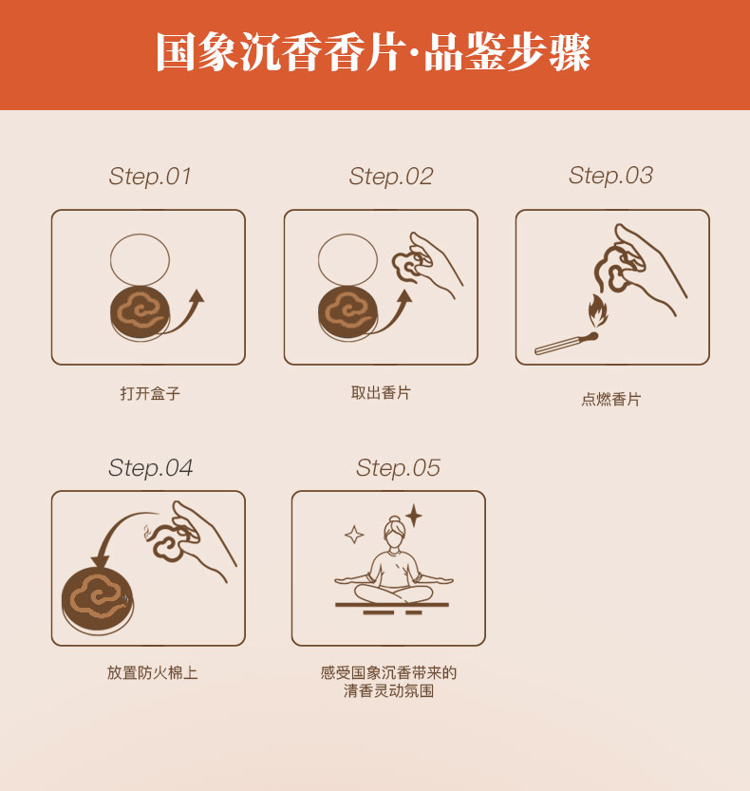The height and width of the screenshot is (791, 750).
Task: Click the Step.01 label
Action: tap(150, 177)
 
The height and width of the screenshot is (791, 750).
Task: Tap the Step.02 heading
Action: tap(391, 177)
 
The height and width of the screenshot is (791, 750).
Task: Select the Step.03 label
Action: tap(610, 176)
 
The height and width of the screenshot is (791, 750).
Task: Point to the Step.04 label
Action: tap(150, 467)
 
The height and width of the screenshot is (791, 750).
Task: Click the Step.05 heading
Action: tap(398, 467)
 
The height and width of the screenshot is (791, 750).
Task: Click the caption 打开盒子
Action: tap(150, 393)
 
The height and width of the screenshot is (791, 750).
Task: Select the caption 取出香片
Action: tap(381, 392)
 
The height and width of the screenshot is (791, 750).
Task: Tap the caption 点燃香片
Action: tap(610, 399)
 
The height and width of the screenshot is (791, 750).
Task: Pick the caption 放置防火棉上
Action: tap(152, 672)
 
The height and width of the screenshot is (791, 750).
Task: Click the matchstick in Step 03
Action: tap(566, 344)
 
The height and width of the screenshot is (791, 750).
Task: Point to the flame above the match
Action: tap(599, 311)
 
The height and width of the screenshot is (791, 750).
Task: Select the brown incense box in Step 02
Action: tap(348, 313)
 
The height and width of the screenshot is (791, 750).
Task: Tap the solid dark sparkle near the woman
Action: tap(414, 516)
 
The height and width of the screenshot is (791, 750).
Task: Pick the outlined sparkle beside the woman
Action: tap(354, 535)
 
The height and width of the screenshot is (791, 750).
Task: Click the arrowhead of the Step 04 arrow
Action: tap(102, 560)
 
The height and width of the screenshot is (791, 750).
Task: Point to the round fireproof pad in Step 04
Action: tap(98, 601)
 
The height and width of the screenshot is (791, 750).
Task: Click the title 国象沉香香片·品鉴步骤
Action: tap(373, 52)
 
